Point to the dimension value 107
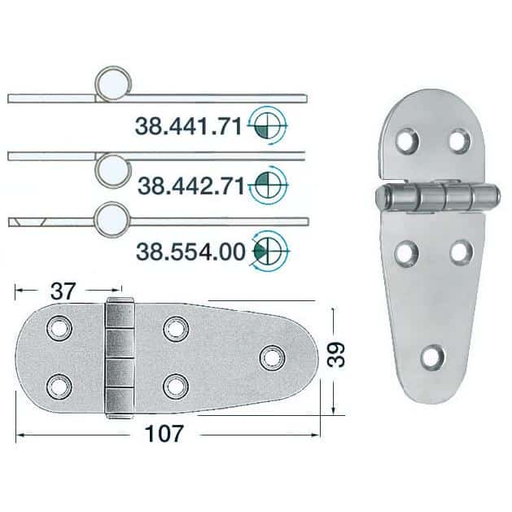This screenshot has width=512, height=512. point(168,433)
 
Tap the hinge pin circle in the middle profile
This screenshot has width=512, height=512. point(113,168)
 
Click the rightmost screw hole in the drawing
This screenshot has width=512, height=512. point(270,356)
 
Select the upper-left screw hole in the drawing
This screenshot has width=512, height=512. point(58,328)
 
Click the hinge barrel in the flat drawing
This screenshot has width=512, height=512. point(119,356)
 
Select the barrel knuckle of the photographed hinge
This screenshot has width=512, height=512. point(435,196)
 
